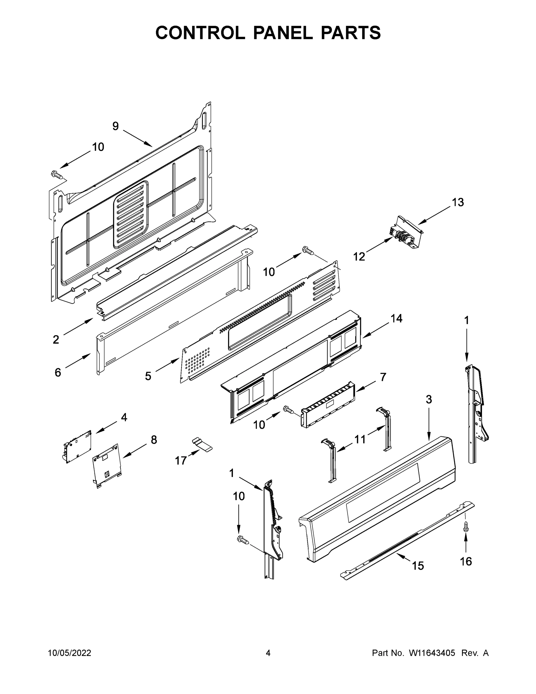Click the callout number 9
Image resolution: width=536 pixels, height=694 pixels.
click(x=116, y=126)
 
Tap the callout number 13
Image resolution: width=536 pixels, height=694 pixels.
click(x=458, y=202)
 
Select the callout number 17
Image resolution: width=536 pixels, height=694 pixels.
click(x=181, y=460)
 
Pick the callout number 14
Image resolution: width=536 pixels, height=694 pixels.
click(x=396, y=318)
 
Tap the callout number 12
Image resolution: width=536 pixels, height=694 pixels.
click(x=359, y=256)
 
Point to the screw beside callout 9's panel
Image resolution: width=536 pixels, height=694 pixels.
click(x=57, y=174)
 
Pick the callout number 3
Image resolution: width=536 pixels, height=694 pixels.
click(x=429, y=399)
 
